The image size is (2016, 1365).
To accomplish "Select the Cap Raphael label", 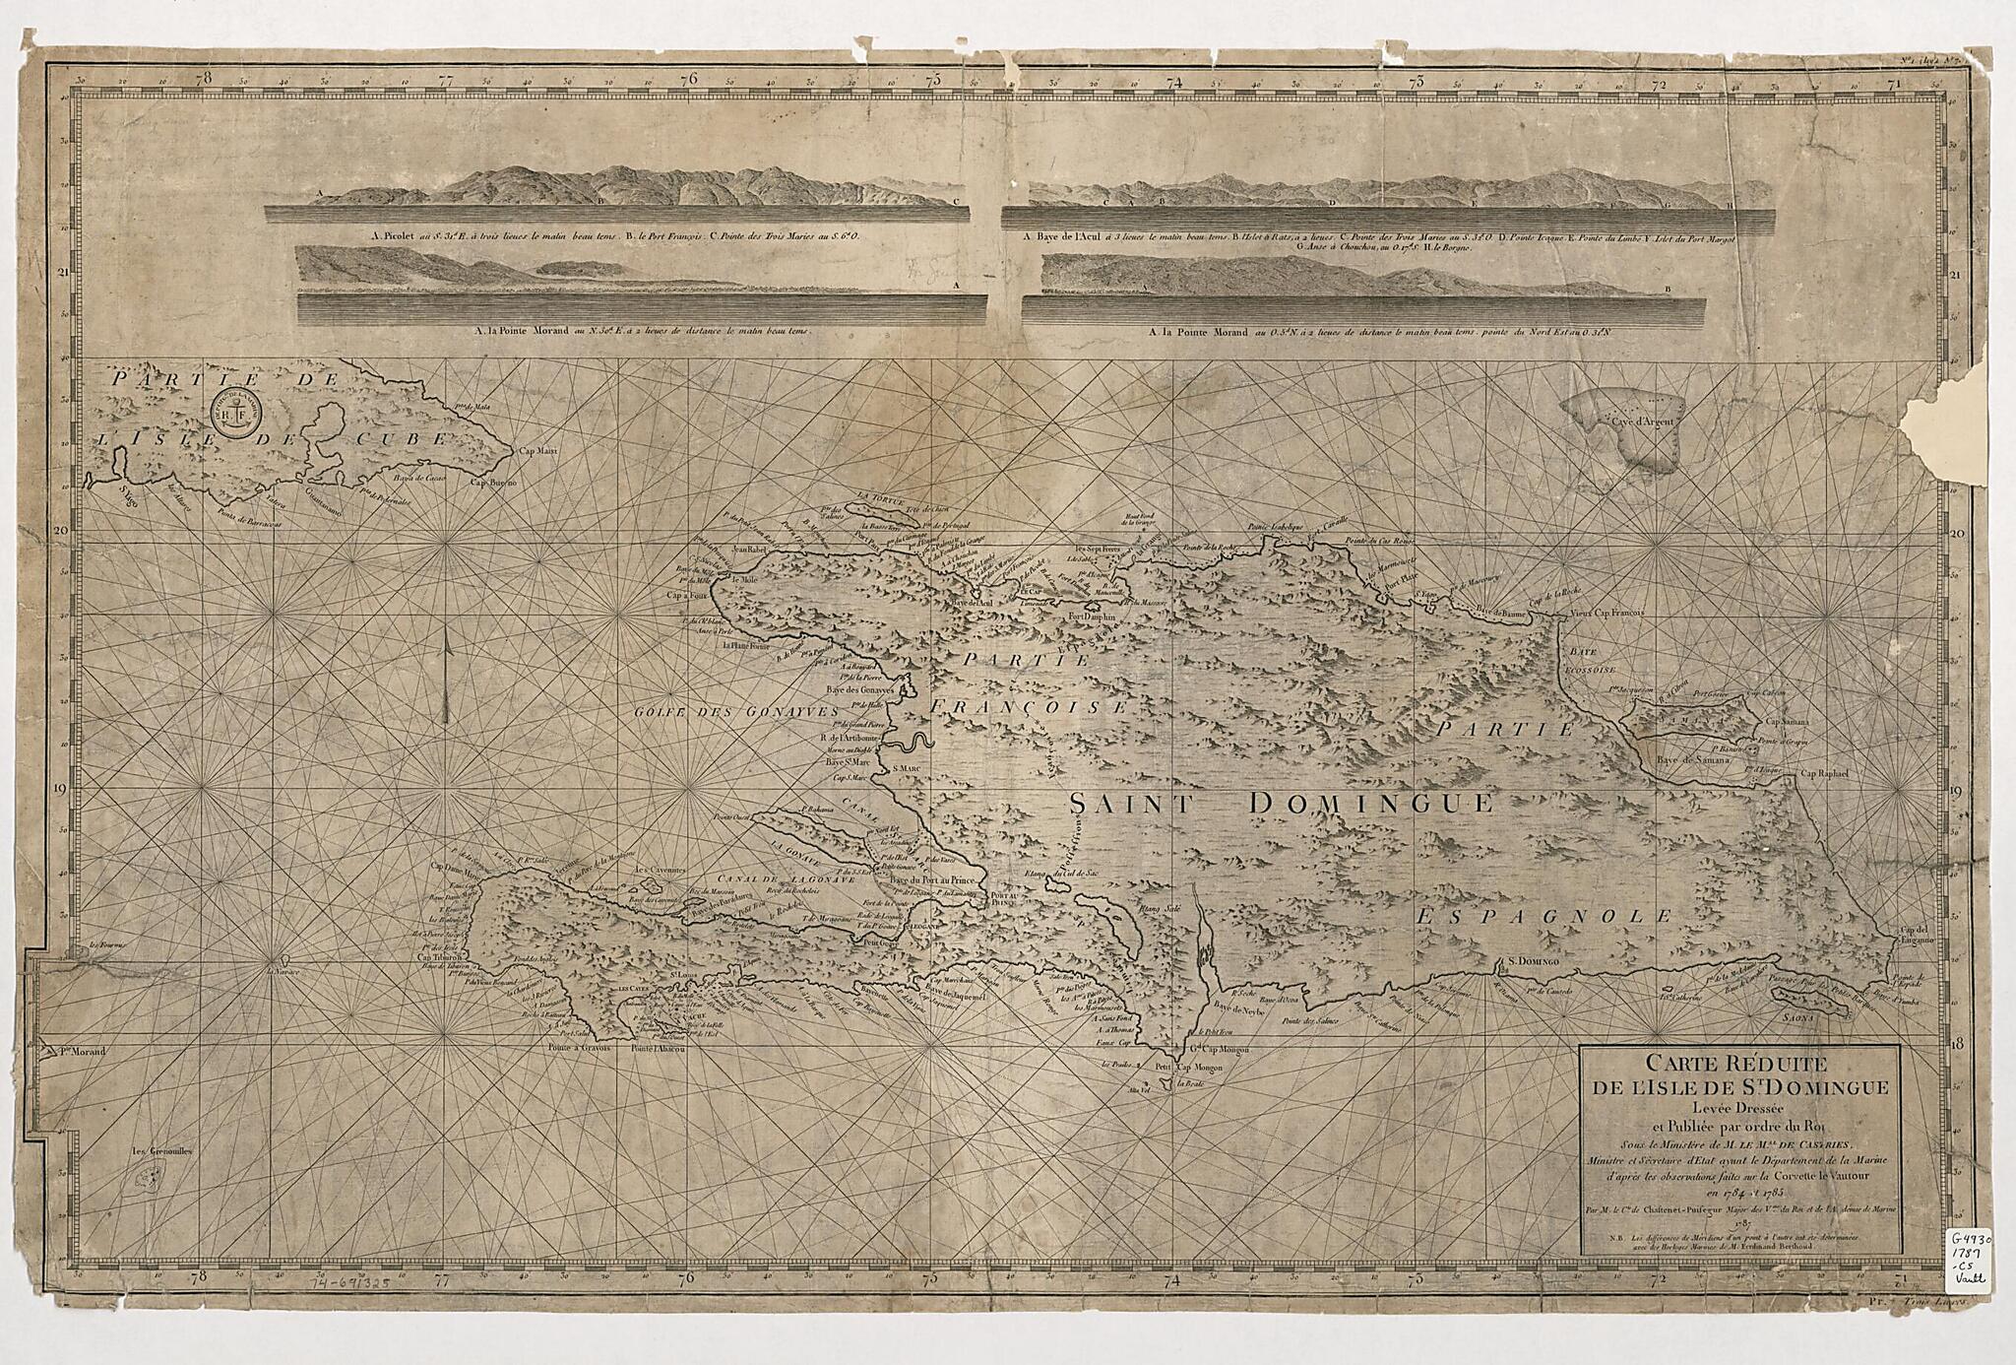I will (x=1825, y=773).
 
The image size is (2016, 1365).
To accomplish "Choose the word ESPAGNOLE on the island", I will (x=1543, y=917).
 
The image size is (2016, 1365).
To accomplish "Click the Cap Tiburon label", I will (x=442, y=956).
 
